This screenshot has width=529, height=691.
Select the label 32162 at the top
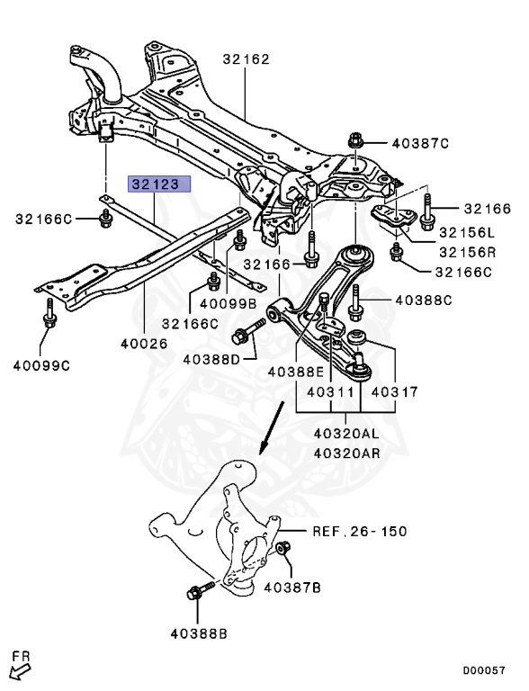[x=246, y=60]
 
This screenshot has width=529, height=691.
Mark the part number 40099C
[x=41, y=364]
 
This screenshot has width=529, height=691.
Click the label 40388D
[x=211, y=359]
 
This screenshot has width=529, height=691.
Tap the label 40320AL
[x=347, y=433]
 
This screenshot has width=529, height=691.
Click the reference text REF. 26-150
[x=360, y=532]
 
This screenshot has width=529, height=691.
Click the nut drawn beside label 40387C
[x=354, y=141]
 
